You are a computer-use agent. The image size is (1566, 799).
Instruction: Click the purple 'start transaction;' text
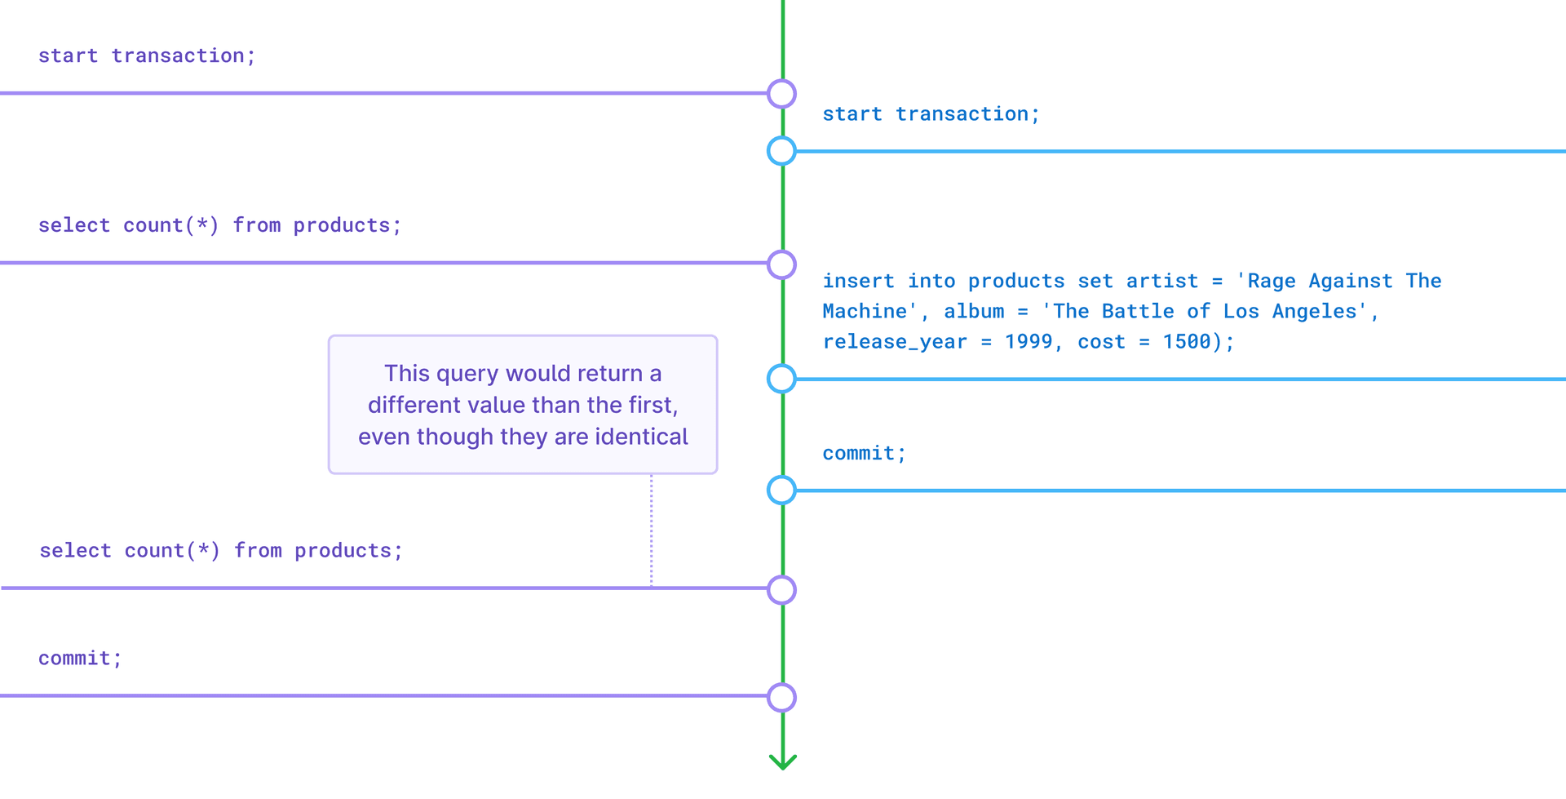tap(147, 55)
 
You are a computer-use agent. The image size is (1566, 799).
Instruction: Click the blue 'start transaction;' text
tap(931, 114)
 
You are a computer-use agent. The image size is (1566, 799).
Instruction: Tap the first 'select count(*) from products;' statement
tap(220, 225)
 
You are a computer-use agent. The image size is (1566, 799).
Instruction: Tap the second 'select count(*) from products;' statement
tap(221, 551)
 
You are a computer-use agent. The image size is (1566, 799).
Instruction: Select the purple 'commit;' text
tap(80, 659)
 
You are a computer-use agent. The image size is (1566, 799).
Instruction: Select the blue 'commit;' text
tap(864, 454)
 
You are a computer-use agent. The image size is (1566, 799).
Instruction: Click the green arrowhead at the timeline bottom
tap(783, 762)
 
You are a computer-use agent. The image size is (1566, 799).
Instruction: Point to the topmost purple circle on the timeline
tap(782, 94)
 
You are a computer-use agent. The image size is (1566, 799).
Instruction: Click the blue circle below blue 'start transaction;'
tap(782, 151)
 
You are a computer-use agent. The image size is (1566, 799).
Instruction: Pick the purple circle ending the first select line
tap(782, 264)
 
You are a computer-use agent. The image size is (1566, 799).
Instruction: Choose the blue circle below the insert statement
tap(782, 379)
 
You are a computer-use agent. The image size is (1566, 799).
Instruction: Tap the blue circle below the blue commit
tap(782, 490)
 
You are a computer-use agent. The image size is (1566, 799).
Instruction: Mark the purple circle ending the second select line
tap(782, 589)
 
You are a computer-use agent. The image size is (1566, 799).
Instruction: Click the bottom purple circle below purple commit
tap(782, 698)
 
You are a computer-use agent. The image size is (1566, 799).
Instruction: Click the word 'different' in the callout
tap(414, 405)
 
